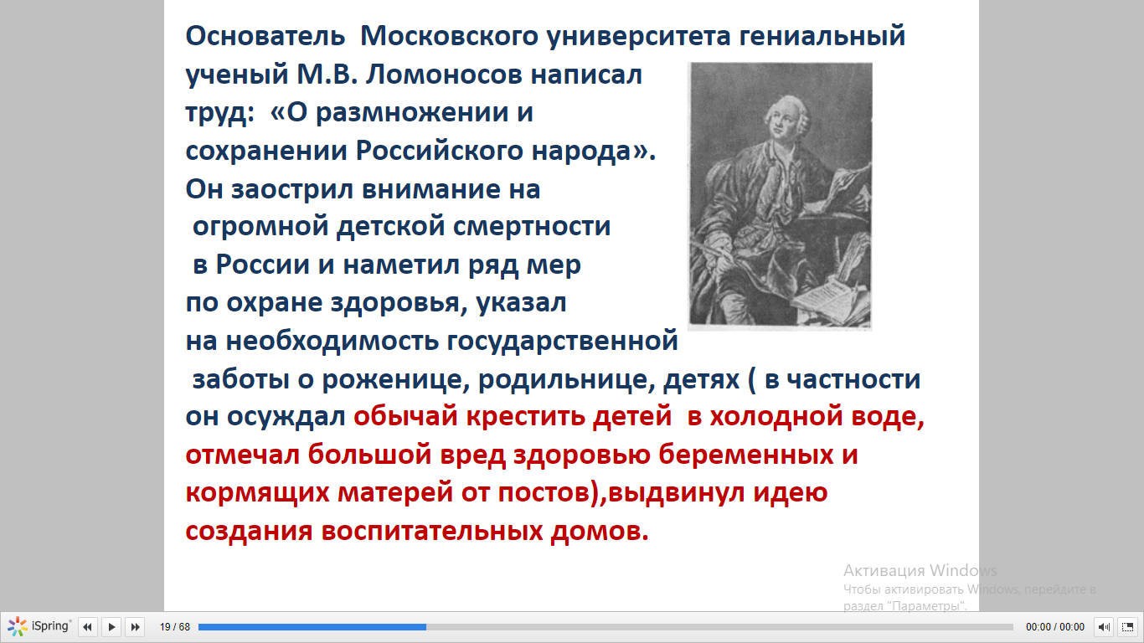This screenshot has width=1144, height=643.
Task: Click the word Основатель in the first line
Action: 265,36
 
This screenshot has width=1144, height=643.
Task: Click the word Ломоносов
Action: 444,75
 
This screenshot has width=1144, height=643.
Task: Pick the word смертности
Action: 532,227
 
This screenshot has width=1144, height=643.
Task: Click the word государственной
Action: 562,342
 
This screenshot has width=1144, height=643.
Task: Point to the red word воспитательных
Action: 432,531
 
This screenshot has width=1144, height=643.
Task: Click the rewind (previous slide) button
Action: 87,626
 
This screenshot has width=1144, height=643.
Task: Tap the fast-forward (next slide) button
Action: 136,626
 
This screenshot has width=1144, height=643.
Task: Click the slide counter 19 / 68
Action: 175,626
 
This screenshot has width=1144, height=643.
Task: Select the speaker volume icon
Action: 1103,626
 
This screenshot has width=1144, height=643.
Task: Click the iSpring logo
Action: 39,626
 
